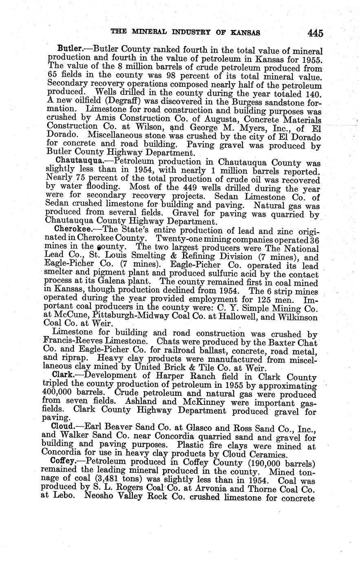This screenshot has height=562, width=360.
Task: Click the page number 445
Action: click(315, 33)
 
